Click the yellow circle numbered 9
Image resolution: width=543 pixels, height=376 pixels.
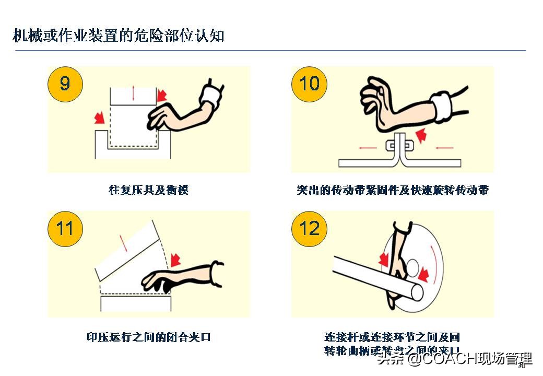point(65,84)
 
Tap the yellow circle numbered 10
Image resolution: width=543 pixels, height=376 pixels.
point(309,84)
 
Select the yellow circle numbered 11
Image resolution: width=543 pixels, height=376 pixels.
point(65,229)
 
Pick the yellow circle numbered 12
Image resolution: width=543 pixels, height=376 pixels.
point(309,229)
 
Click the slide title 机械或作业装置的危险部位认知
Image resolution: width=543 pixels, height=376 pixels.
point(119,36)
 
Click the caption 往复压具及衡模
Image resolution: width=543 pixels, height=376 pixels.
point(148,190)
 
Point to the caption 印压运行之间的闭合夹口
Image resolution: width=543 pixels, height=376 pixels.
point(148,337)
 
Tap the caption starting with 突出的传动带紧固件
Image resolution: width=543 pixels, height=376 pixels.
point(393,190)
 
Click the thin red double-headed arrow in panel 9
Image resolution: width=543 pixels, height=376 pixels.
point(134,93)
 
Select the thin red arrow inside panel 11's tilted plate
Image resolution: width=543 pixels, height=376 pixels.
point(123,243)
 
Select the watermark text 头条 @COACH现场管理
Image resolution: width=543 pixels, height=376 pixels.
point(454,358)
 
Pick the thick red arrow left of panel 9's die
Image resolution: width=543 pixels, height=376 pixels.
point(98,119)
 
